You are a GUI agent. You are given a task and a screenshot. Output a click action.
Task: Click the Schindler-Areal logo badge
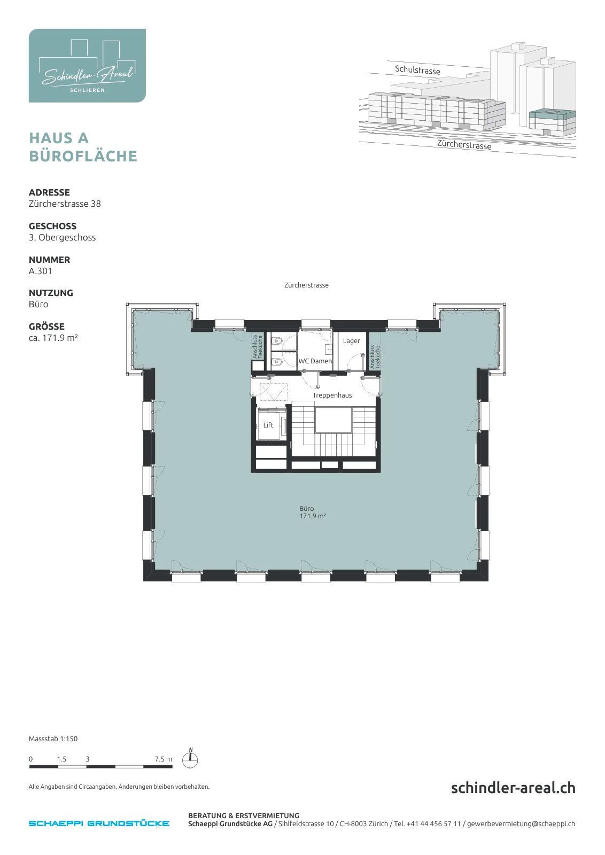[87, 66]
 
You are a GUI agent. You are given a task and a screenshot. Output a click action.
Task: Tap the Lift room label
[268, 425]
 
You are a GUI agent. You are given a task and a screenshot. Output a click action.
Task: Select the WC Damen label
[315, 361]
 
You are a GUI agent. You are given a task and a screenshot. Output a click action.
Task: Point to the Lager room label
[351, 341]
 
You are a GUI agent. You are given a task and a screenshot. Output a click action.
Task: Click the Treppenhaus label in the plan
[332, 395]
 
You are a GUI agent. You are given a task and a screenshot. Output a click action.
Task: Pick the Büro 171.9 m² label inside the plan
[312, 512]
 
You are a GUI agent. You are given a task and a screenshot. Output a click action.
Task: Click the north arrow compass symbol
[190, 758]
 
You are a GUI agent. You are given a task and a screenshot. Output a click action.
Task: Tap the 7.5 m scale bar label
[164, 759]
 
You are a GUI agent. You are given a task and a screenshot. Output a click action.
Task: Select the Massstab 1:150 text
[53, 739]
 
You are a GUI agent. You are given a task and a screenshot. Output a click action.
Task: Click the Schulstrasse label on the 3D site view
[417, 70]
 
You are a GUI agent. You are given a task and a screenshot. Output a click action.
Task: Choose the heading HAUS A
[59, 138]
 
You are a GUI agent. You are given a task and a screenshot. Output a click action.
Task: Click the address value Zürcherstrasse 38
[65, 204]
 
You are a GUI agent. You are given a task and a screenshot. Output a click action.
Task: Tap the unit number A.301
[41, 271]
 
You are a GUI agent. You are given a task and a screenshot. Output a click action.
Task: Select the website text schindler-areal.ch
[513, 788]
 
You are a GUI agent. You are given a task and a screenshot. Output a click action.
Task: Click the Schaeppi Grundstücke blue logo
[99, 823]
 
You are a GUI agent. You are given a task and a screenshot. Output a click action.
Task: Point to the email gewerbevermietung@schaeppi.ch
[521, 823]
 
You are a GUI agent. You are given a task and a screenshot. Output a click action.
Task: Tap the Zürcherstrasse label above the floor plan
[306, 285]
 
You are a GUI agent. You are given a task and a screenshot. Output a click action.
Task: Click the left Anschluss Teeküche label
[257, 347]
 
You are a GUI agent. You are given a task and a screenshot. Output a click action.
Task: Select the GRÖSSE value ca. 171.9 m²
[53, 338]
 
